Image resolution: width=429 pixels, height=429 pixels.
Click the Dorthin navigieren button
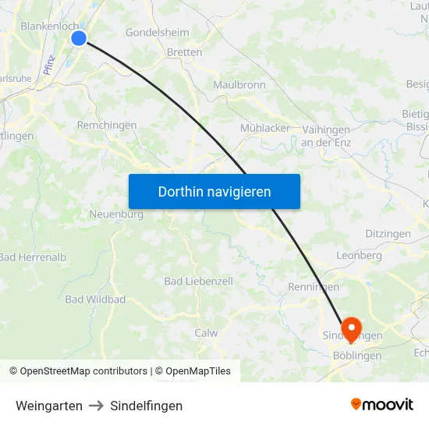coord(214,191)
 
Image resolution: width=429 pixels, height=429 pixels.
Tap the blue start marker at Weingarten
coord(79,37)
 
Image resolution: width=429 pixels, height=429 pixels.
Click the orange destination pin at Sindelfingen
coord(351,328)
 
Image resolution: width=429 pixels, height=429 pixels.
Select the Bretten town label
coord(184,52)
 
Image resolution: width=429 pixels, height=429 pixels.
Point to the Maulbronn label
coord(239,85)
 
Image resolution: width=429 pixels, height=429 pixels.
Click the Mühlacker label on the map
coord(265,128)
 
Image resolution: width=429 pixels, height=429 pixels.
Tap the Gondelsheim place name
coord(157,33)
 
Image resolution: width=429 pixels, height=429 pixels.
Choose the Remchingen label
coord(107,125)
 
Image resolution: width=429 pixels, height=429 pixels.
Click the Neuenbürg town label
coord(116,214)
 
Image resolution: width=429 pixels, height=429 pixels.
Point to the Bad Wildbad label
coord(95,300)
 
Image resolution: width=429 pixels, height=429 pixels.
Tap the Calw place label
coord(206,332)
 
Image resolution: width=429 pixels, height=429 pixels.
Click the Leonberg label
coord(359,255)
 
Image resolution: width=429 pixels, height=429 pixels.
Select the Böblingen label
coord(356,356)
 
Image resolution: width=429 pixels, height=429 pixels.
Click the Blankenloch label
coord(49,26)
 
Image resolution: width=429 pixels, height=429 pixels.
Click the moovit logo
coord(381,405)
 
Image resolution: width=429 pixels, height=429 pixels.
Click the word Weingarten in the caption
coord(49,406)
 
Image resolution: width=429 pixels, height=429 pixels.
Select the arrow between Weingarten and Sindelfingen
coord(97,406)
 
